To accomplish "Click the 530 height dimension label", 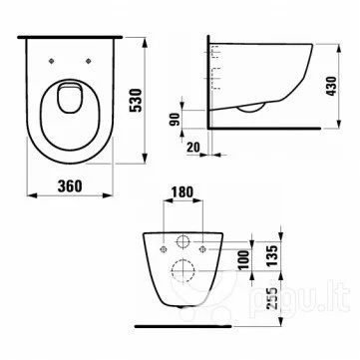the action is click(137, 101).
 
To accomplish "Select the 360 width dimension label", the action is click(70, 186).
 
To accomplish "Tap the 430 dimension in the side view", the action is click(331, 86).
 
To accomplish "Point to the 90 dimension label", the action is click(176, 119).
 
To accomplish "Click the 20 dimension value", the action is click(193, 148).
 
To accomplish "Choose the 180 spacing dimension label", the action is click(181, 192).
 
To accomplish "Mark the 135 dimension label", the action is click(272, 255).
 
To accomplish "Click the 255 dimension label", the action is click(272, 298).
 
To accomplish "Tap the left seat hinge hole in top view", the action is click(51, 61).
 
